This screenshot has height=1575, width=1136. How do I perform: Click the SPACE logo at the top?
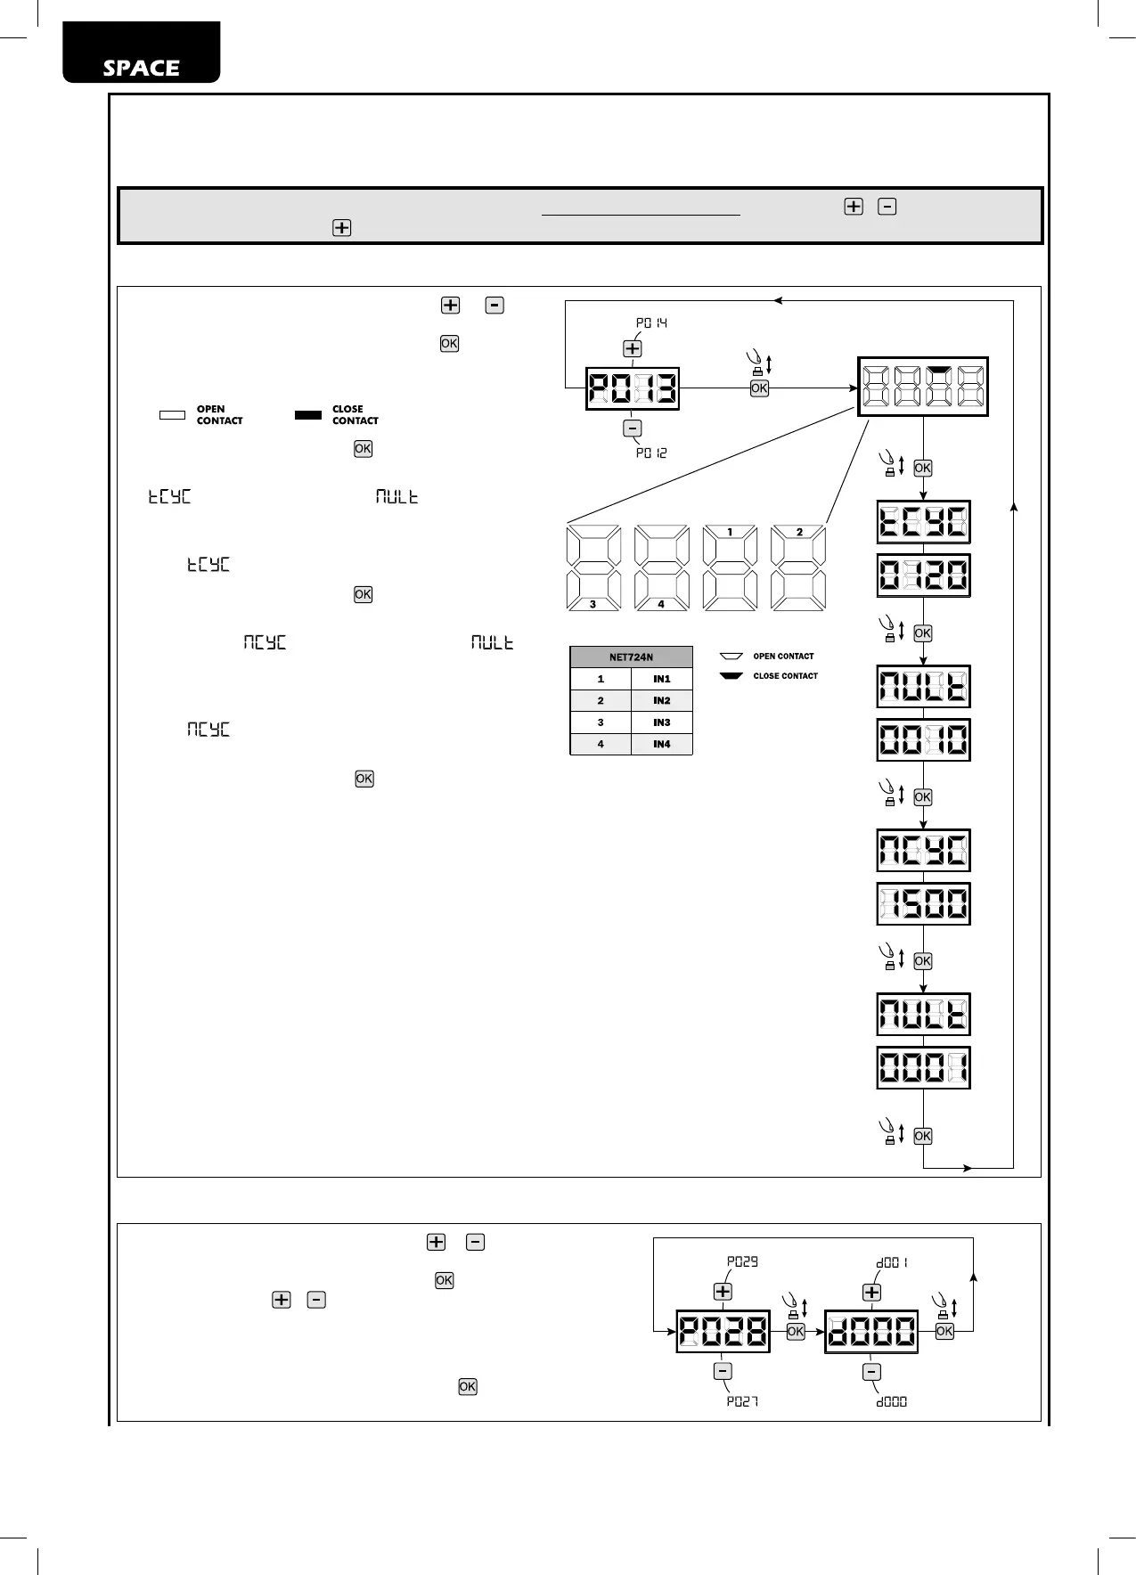coord(141,68)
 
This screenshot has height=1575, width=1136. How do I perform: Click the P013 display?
coord(633,388)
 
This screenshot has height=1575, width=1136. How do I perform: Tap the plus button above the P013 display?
coord(633,348)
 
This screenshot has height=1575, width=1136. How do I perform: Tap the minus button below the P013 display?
coord(633,428)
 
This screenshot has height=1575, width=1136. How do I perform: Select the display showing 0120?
coord(923,575)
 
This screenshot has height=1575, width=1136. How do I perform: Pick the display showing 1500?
coord(923,904)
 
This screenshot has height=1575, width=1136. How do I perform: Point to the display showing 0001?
coord(923,1067)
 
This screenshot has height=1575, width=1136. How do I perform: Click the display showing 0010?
coord(923,739)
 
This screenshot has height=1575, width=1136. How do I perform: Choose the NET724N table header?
coord(631,657)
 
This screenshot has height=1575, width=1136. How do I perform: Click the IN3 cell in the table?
coord(661,722)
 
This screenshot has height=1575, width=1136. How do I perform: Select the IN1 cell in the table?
coord(661,679)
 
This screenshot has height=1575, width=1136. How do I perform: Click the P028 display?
coord(723,1332)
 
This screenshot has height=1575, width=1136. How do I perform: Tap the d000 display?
coord(871,1332)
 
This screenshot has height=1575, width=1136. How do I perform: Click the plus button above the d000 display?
coord(871,1292)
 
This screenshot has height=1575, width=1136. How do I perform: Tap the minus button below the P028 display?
coord(723,1372)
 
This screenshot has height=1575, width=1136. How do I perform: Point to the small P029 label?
coord(742,1261)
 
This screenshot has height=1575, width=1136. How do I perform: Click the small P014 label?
coord(651,322)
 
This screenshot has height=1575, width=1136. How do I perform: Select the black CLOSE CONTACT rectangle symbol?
coord(308,415)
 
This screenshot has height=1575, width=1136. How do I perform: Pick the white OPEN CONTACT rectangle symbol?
coord(172,415)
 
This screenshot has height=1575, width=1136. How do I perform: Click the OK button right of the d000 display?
coord(944,1331)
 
